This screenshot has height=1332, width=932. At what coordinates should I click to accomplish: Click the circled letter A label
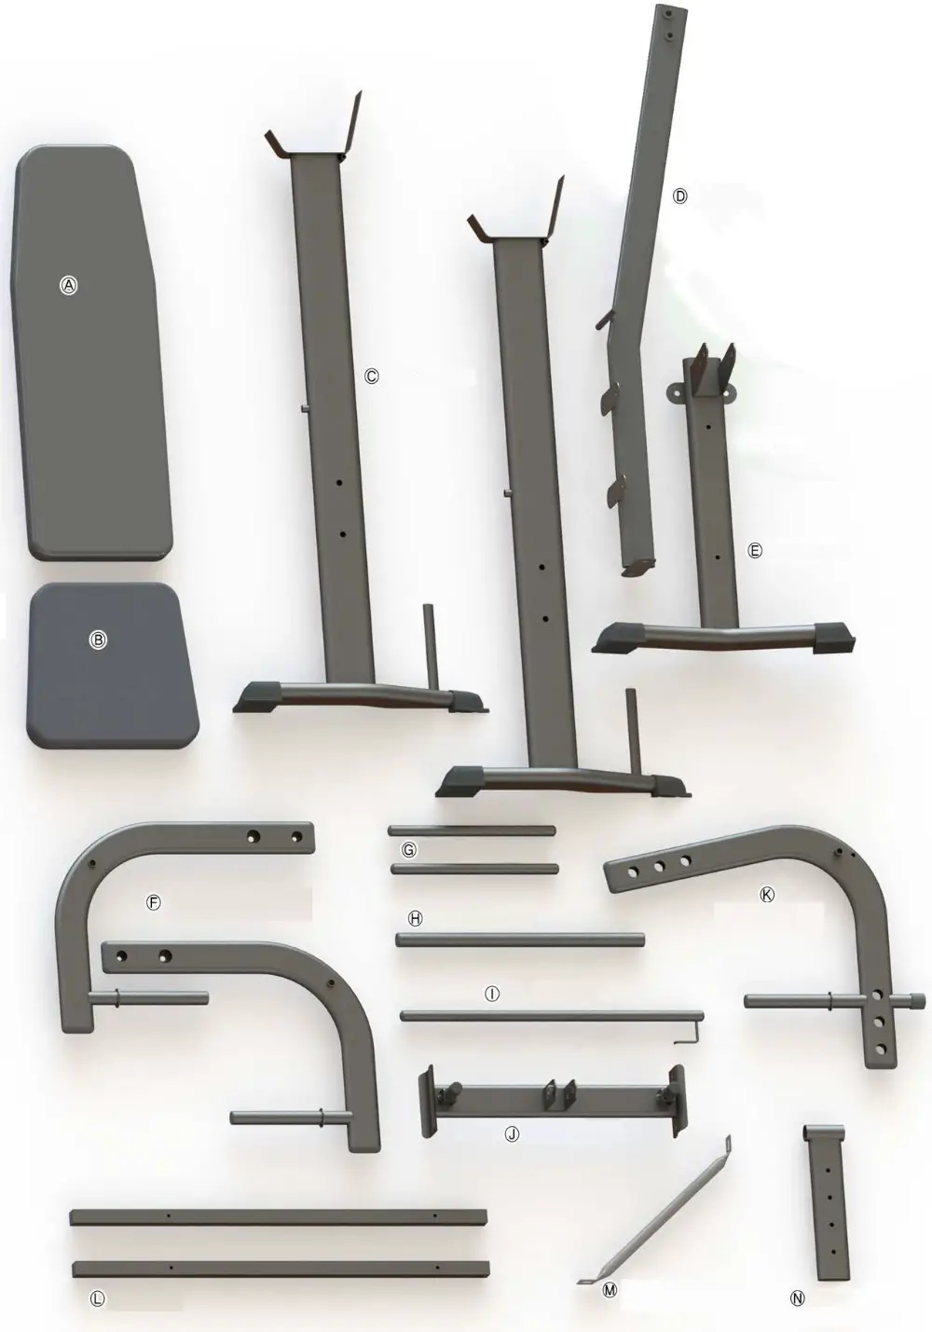tap(68, 286)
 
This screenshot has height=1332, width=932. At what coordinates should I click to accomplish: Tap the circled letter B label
tap(98, 639)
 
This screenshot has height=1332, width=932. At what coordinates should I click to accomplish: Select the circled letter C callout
tap(371, 377)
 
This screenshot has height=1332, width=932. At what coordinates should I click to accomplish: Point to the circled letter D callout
tap(679, 197)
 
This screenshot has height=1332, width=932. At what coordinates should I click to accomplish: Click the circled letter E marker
tap(755, 551)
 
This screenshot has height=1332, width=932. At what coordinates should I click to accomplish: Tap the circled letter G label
tap(407, 850)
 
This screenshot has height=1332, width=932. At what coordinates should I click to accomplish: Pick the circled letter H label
tap(416, 918)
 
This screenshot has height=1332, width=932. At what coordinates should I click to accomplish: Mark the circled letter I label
tap(492, 995)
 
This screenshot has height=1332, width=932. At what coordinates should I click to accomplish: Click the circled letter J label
tap(511, 1134)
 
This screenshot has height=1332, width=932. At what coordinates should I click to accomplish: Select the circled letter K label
tap(767, 894)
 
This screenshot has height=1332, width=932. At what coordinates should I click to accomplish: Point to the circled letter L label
tap(99, 1298)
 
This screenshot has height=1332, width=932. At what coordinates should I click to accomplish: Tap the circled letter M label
tap(610, 1290)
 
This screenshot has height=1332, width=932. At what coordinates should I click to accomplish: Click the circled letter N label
tap(798, 1297)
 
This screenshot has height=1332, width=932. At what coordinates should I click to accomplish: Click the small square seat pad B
tap(116, 680)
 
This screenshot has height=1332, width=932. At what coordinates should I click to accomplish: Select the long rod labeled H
tap(520, 941)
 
